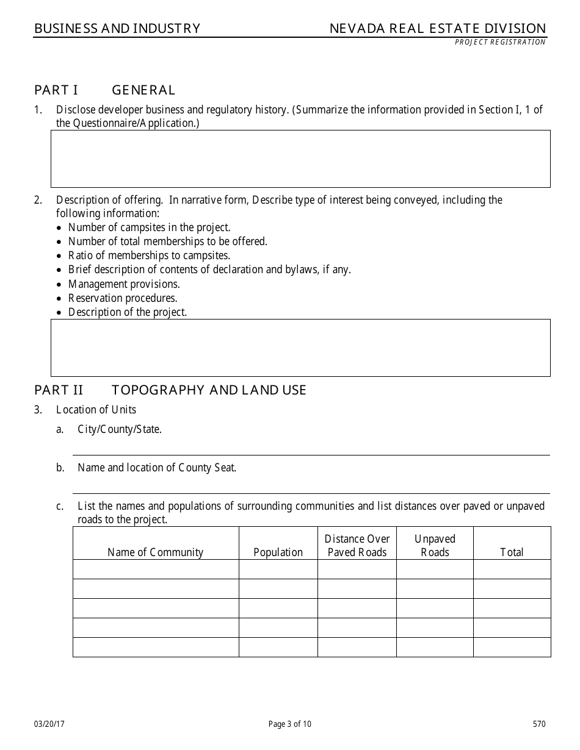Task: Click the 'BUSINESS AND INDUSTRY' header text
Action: [x=117, y=29]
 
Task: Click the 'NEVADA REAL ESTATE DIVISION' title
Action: [x=438, y=29]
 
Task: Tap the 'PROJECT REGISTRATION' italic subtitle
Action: [x=500, y=42]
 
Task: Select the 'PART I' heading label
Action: [x=56, y=90]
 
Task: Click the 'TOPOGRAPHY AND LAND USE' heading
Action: [x=209, y=390]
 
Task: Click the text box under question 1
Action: [x=300, y=159]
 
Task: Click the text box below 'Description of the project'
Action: [x=300, y=348]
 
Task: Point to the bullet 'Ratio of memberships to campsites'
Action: [x=149, y=256]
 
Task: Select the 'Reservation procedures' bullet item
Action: [x=123, y=298]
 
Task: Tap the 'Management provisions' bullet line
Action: [x=124, y=284]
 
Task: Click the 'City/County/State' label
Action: [x=120, y=429]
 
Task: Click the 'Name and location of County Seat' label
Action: [x=157, y=468]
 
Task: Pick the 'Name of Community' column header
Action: [x=155, y=552]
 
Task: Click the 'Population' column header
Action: [x=278, y=552]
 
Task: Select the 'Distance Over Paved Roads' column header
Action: [x=357, y=546]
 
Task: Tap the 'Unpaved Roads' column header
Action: [x=435, y=546]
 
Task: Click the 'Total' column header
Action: [x=512, y=552]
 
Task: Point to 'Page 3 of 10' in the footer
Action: [x=290, y=724]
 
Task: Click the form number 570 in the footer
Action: [x=539, y=724]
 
